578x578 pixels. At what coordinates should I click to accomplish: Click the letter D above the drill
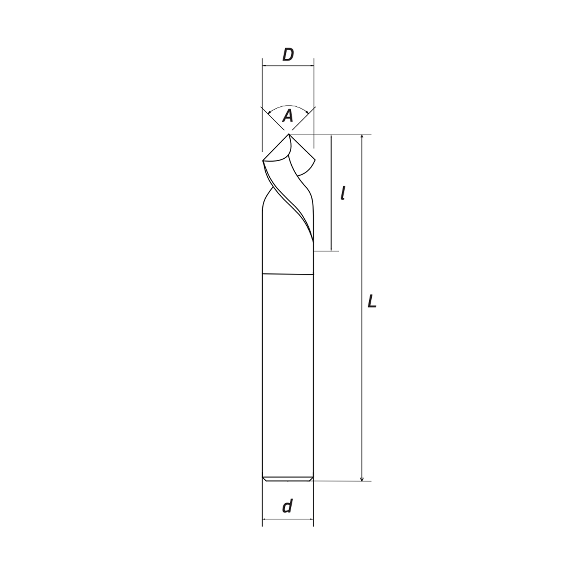coord(288,55)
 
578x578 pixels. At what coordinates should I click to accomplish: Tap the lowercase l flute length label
coord(343,193)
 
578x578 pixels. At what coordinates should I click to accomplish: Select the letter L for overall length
coord(372,301)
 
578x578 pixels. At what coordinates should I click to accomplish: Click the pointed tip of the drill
coord(289,134)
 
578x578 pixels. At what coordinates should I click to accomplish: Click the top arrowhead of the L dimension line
coord(362,136)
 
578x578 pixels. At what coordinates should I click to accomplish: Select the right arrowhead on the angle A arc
coord(307,112)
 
